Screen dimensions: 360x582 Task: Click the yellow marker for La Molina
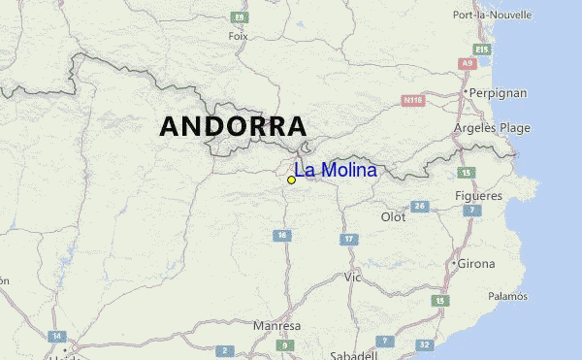click(x=291, y=180)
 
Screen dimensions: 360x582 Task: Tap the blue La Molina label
click(x=336, y=171)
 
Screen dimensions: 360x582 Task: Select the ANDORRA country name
click(x=233, y=126)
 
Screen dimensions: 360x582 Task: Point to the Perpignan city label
click(x=499, y=93)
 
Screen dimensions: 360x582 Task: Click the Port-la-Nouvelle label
click(x=493, y=15)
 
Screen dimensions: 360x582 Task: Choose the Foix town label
click(x=238, y=36)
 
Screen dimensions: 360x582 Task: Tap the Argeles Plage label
click(x=492, y=127)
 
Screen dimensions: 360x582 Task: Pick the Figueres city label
click(x=478, y=195)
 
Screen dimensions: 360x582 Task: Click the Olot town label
click(x=393, y=217)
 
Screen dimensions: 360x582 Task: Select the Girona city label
click(x=475, y=263)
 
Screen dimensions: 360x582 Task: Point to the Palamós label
click(x=507, y=296)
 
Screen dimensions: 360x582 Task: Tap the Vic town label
click(x=352, y=277)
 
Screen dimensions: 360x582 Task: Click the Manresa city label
click(x=276, y=326)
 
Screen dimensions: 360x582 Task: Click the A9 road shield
click(x=469, y=63)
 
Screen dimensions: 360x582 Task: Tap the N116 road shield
click(x=414, y=100)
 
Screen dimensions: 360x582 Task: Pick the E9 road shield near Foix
click(x=238, y=17)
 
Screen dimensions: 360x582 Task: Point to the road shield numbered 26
click(x=420, y=207)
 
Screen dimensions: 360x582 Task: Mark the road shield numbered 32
click(x=424, y=344)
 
